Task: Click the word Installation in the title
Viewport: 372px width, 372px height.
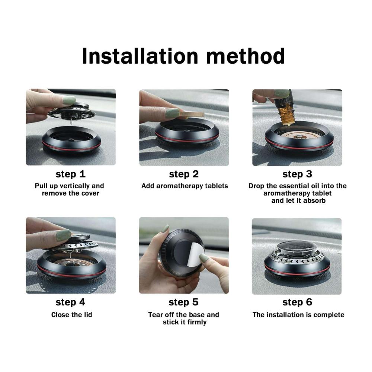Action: [x=140, y=56]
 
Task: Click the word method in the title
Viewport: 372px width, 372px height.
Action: [x=245, y=56]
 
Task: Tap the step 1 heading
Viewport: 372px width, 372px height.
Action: [x=70, y=174]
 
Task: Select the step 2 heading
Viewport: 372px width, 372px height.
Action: [x=184, y=174]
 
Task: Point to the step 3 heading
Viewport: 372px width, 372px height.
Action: [x=297, y=174]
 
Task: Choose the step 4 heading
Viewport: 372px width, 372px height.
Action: [x=70, y=302]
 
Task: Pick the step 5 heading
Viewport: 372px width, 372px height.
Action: [x=184, y=302]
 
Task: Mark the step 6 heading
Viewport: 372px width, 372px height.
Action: [x=297, y=302]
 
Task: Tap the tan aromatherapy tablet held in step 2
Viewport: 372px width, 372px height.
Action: [x=191, y=114]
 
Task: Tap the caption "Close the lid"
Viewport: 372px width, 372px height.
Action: [x=72, y=315]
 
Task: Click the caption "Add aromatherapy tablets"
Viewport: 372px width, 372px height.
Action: [x=185, y=186]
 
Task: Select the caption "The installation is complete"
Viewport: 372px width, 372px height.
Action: [x=298, y=315]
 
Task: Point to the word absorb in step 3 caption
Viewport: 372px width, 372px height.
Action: [x=314, y=201]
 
